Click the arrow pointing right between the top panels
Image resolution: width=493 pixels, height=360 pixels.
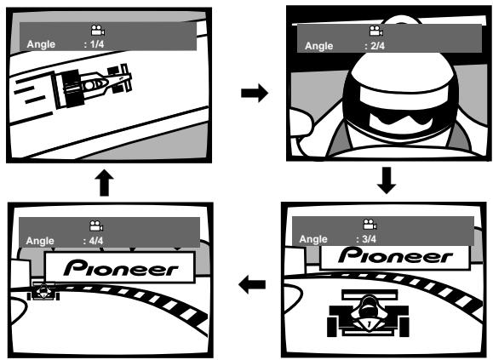255,93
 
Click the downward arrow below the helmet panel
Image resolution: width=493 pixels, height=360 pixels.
387,180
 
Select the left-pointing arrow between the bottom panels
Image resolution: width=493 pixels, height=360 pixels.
252,284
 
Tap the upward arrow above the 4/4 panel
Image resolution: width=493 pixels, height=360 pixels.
105,183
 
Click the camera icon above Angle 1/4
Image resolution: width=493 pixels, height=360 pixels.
98,30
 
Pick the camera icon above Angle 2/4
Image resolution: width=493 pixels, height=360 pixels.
376,31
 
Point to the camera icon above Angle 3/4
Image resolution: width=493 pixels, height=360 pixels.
370,225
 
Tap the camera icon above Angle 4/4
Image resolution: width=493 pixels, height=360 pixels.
96,226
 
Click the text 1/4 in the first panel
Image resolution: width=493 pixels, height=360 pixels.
97,44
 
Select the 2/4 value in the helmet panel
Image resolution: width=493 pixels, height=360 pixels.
377,46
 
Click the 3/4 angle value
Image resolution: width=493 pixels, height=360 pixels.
370,239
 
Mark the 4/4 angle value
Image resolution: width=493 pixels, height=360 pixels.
96,241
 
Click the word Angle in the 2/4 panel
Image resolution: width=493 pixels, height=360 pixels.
318,46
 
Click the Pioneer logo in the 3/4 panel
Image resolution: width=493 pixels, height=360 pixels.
396,255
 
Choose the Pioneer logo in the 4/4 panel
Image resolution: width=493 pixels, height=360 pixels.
121,268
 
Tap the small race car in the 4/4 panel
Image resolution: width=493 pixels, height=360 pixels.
43,290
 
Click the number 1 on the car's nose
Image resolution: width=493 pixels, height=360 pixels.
369,323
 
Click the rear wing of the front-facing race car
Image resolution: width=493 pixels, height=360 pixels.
370,294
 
